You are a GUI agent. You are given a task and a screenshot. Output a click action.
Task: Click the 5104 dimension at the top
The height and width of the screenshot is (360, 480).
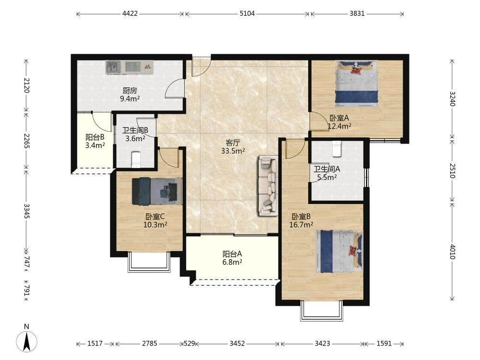pos(247,14)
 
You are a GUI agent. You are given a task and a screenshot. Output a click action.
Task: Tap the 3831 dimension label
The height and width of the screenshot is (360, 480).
pos(357,14)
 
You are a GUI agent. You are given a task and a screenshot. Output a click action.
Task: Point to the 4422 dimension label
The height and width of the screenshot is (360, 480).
pos(130,14)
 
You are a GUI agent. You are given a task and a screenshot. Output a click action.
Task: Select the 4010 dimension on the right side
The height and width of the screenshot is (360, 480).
pos(453,252)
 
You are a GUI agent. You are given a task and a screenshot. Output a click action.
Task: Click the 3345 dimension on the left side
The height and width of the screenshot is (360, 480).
pos(26,211)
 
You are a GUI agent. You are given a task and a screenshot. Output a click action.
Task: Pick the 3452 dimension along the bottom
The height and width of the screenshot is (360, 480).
pos(237,344)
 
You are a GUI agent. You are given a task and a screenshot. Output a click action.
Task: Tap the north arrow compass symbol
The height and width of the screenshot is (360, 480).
pos(26,340)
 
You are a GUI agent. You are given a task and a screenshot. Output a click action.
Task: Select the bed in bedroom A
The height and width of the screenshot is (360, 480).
pos(357,84)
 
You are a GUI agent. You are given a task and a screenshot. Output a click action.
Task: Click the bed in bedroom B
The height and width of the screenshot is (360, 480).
pos(339,252)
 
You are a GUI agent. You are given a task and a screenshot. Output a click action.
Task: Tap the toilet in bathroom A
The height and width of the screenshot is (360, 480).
pos(336,149)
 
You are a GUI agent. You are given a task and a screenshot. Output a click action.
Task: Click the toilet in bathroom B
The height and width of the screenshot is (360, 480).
pos(136,160)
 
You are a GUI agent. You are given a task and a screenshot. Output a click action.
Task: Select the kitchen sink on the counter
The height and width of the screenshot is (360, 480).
pos(114,67)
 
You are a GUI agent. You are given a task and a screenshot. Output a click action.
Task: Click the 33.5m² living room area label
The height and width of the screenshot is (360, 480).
pos(233,151)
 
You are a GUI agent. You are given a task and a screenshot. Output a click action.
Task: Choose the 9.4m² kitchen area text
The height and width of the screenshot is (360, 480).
pos(130,98)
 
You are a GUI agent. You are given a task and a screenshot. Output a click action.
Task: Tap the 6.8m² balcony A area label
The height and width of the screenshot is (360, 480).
pos(232,262)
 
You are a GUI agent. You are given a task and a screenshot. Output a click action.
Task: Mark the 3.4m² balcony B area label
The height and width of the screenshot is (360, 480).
pos(95,145)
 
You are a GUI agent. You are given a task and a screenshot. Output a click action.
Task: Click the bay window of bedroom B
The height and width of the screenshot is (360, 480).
pos(322,311)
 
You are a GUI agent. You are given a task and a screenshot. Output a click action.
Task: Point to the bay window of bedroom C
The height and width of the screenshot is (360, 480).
pos(149,262)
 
